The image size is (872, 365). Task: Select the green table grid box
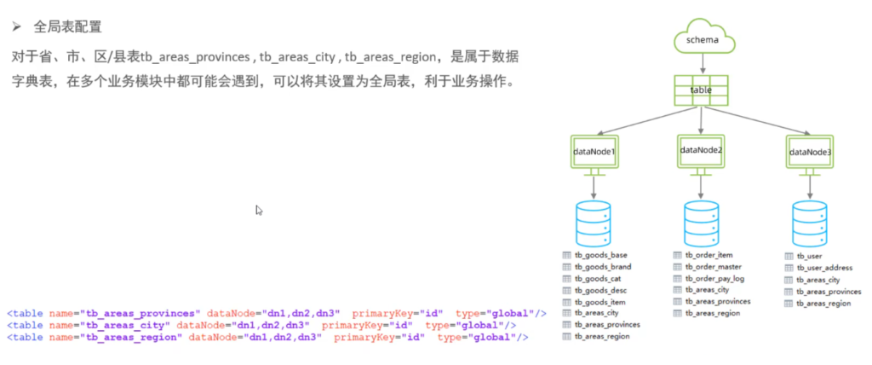[701, 90]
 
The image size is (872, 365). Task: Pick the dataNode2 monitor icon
[701, 151]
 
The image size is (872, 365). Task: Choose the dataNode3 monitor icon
[809, 153]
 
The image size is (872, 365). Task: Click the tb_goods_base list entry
[599, 255]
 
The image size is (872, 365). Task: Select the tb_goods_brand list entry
[602, 267]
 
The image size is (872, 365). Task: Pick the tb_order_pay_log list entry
[714, 279]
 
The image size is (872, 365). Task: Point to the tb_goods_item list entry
[599, 302]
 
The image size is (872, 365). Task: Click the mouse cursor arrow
[259, 210]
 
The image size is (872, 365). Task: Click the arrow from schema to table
[702, 63]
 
